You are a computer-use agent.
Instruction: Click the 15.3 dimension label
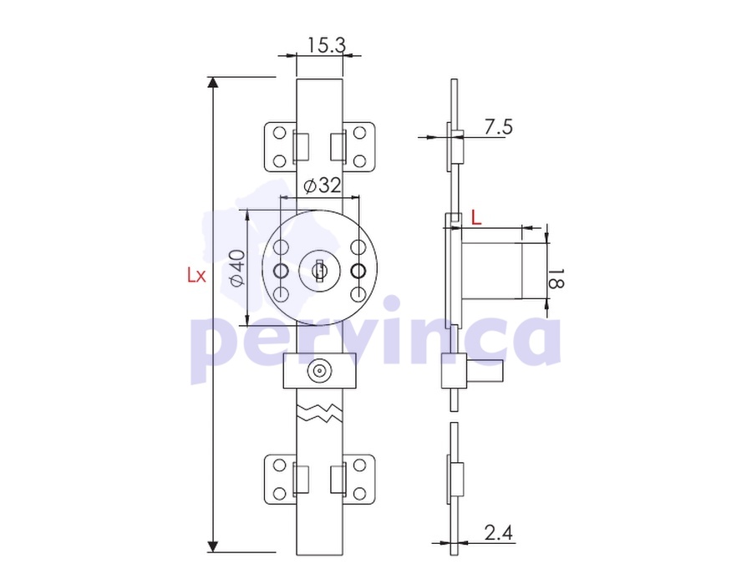[x=326, y=45]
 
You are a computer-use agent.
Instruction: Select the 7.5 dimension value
[x=498, y=127]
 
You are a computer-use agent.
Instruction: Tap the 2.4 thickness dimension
[x=498, y=532]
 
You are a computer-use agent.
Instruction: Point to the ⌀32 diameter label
[x=323, y=185]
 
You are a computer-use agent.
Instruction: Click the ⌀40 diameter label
[x=237, y=268]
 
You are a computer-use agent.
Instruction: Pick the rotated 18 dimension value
[x=556, y=278]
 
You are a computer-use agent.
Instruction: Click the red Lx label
[x=196, y=275]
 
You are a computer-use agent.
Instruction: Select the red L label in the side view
[x=475, y=218]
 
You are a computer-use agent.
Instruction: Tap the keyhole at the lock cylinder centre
[x=318, y=271]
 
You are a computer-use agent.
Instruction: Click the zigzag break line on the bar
[x=320, y=413]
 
